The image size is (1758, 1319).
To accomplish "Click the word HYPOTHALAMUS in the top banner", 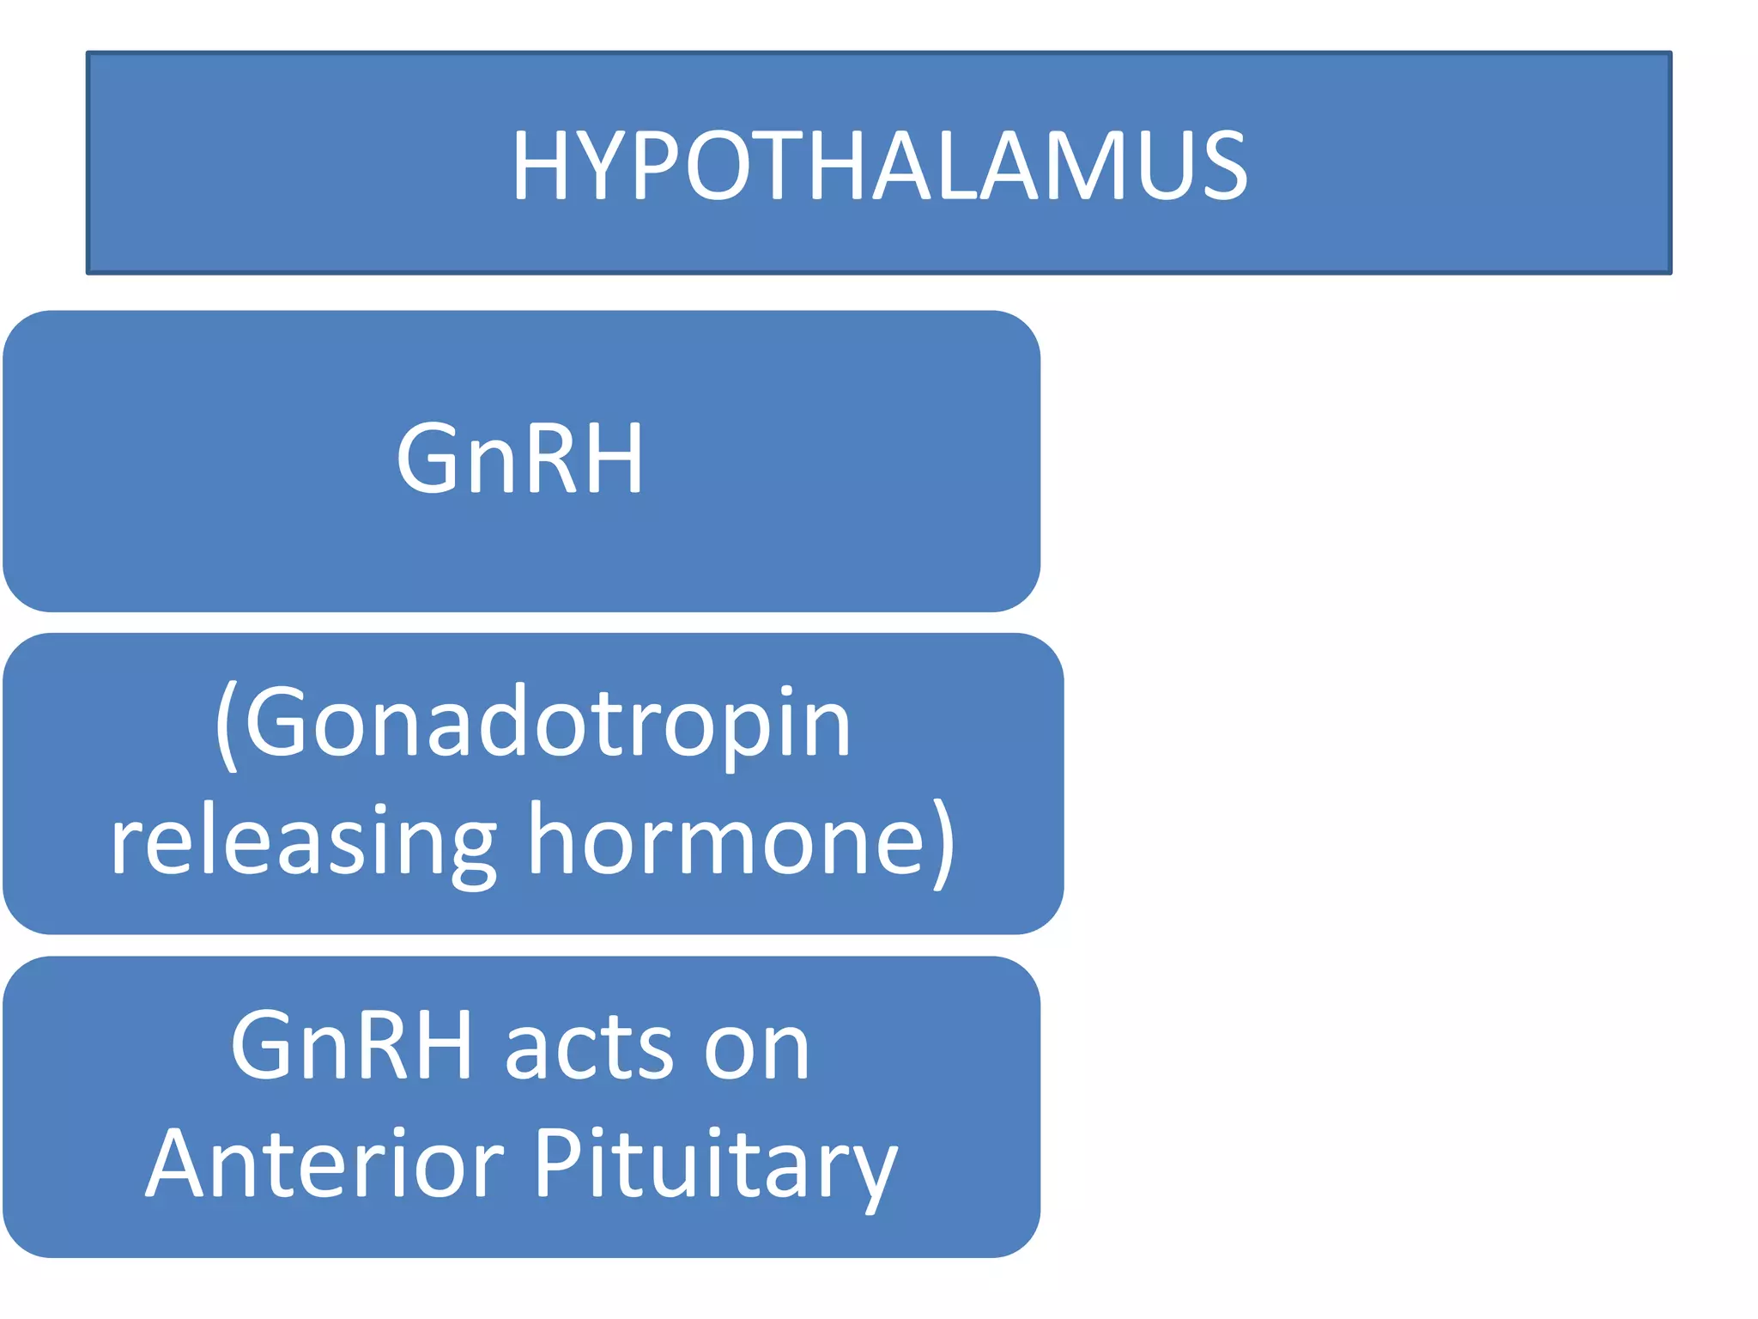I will pyautogui.click(x=879, y=165).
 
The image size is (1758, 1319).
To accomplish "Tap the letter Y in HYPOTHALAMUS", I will pyautogui.click(x=602, y=165).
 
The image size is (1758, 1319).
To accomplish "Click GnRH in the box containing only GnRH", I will pyautogui.click(x=519, y=459).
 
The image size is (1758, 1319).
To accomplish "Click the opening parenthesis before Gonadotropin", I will pyautogui.click(x=226, y=726).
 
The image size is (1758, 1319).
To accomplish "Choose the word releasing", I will pyautogui.click(x=303, y=842).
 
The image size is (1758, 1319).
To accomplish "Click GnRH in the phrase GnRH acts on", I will pyautogui.click(x=351, y=1045).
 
